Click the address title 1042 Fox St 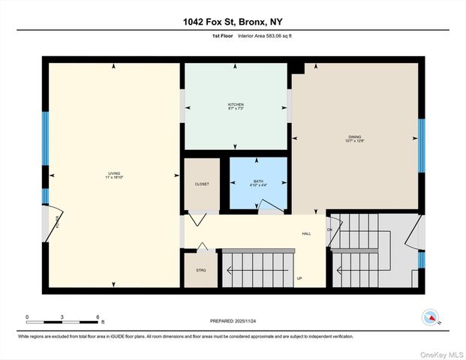[233, 22]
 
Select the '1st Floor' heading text [222, 35]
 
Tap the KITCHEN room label [236, 104]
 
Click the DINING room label [354, 136]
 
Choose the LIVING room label [114, 174]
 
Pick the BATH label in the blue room [258, 181]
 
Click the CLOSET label [202, 184]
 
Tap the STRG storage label [201, 269]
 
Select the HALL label [306, 233]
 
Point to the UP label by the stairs [299, 279]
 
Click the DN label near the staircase [329, 229]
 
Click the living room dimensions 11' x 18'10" [114, 178]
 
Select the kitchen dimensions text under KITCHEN [236, 109]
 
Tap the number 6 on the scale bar [98, 317]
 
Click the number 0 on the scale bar [27, 317]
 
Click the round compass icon [430, 316]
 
